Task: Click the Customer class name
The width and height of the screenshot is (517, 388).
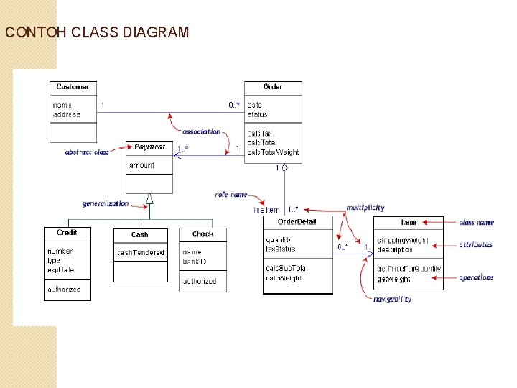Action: point(73,87)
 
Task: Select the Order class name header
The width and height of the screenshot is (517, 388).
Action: point(273,87)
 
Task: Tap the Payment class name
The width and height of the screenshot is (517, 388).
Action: point(149,147)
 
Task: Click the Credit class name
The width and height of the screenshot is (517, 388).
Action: point(67,233)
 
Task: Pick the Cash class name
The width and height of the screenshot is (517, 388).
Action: point(140,235)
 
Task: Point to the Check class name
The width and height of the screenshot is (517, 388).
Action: point(202,234)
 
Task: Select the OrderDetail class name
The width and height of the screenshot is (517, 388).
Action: point(297,221)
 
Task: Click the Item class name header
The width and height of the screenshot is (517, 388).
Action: point(409,223)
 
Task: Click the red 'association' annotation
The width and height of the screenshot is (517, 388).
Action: point(202,131)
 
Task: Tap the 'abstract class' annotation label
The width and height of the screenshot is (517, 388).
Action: point(87,152)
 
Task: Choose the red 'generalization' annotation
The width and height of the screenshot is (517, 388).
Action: point(106,204)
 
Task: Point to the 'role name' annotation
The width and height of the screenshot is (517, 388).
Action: point(231,195)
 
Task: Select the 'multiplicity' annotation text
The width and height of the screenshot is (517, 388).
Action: point(365,208)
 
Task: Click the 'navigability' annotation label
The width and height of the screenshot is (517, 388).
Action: point(392,299)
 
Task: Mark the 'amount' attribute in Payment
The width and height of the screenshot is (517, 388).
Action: point(141,166)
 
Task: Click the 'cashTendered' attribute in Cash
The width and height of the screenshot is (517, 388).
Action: point(140,253)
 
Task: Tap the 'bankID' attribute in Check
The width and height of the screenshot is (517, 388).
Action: point(194,262)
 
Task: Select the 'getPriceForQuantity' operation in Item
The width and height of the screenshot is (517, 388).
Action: point(409,269)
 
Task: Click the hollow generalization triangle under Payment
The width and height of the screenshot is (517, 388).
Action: point(149,199)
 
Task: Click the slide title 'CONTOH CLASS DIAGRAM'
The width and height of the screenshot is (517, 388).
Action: point(97,32)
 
